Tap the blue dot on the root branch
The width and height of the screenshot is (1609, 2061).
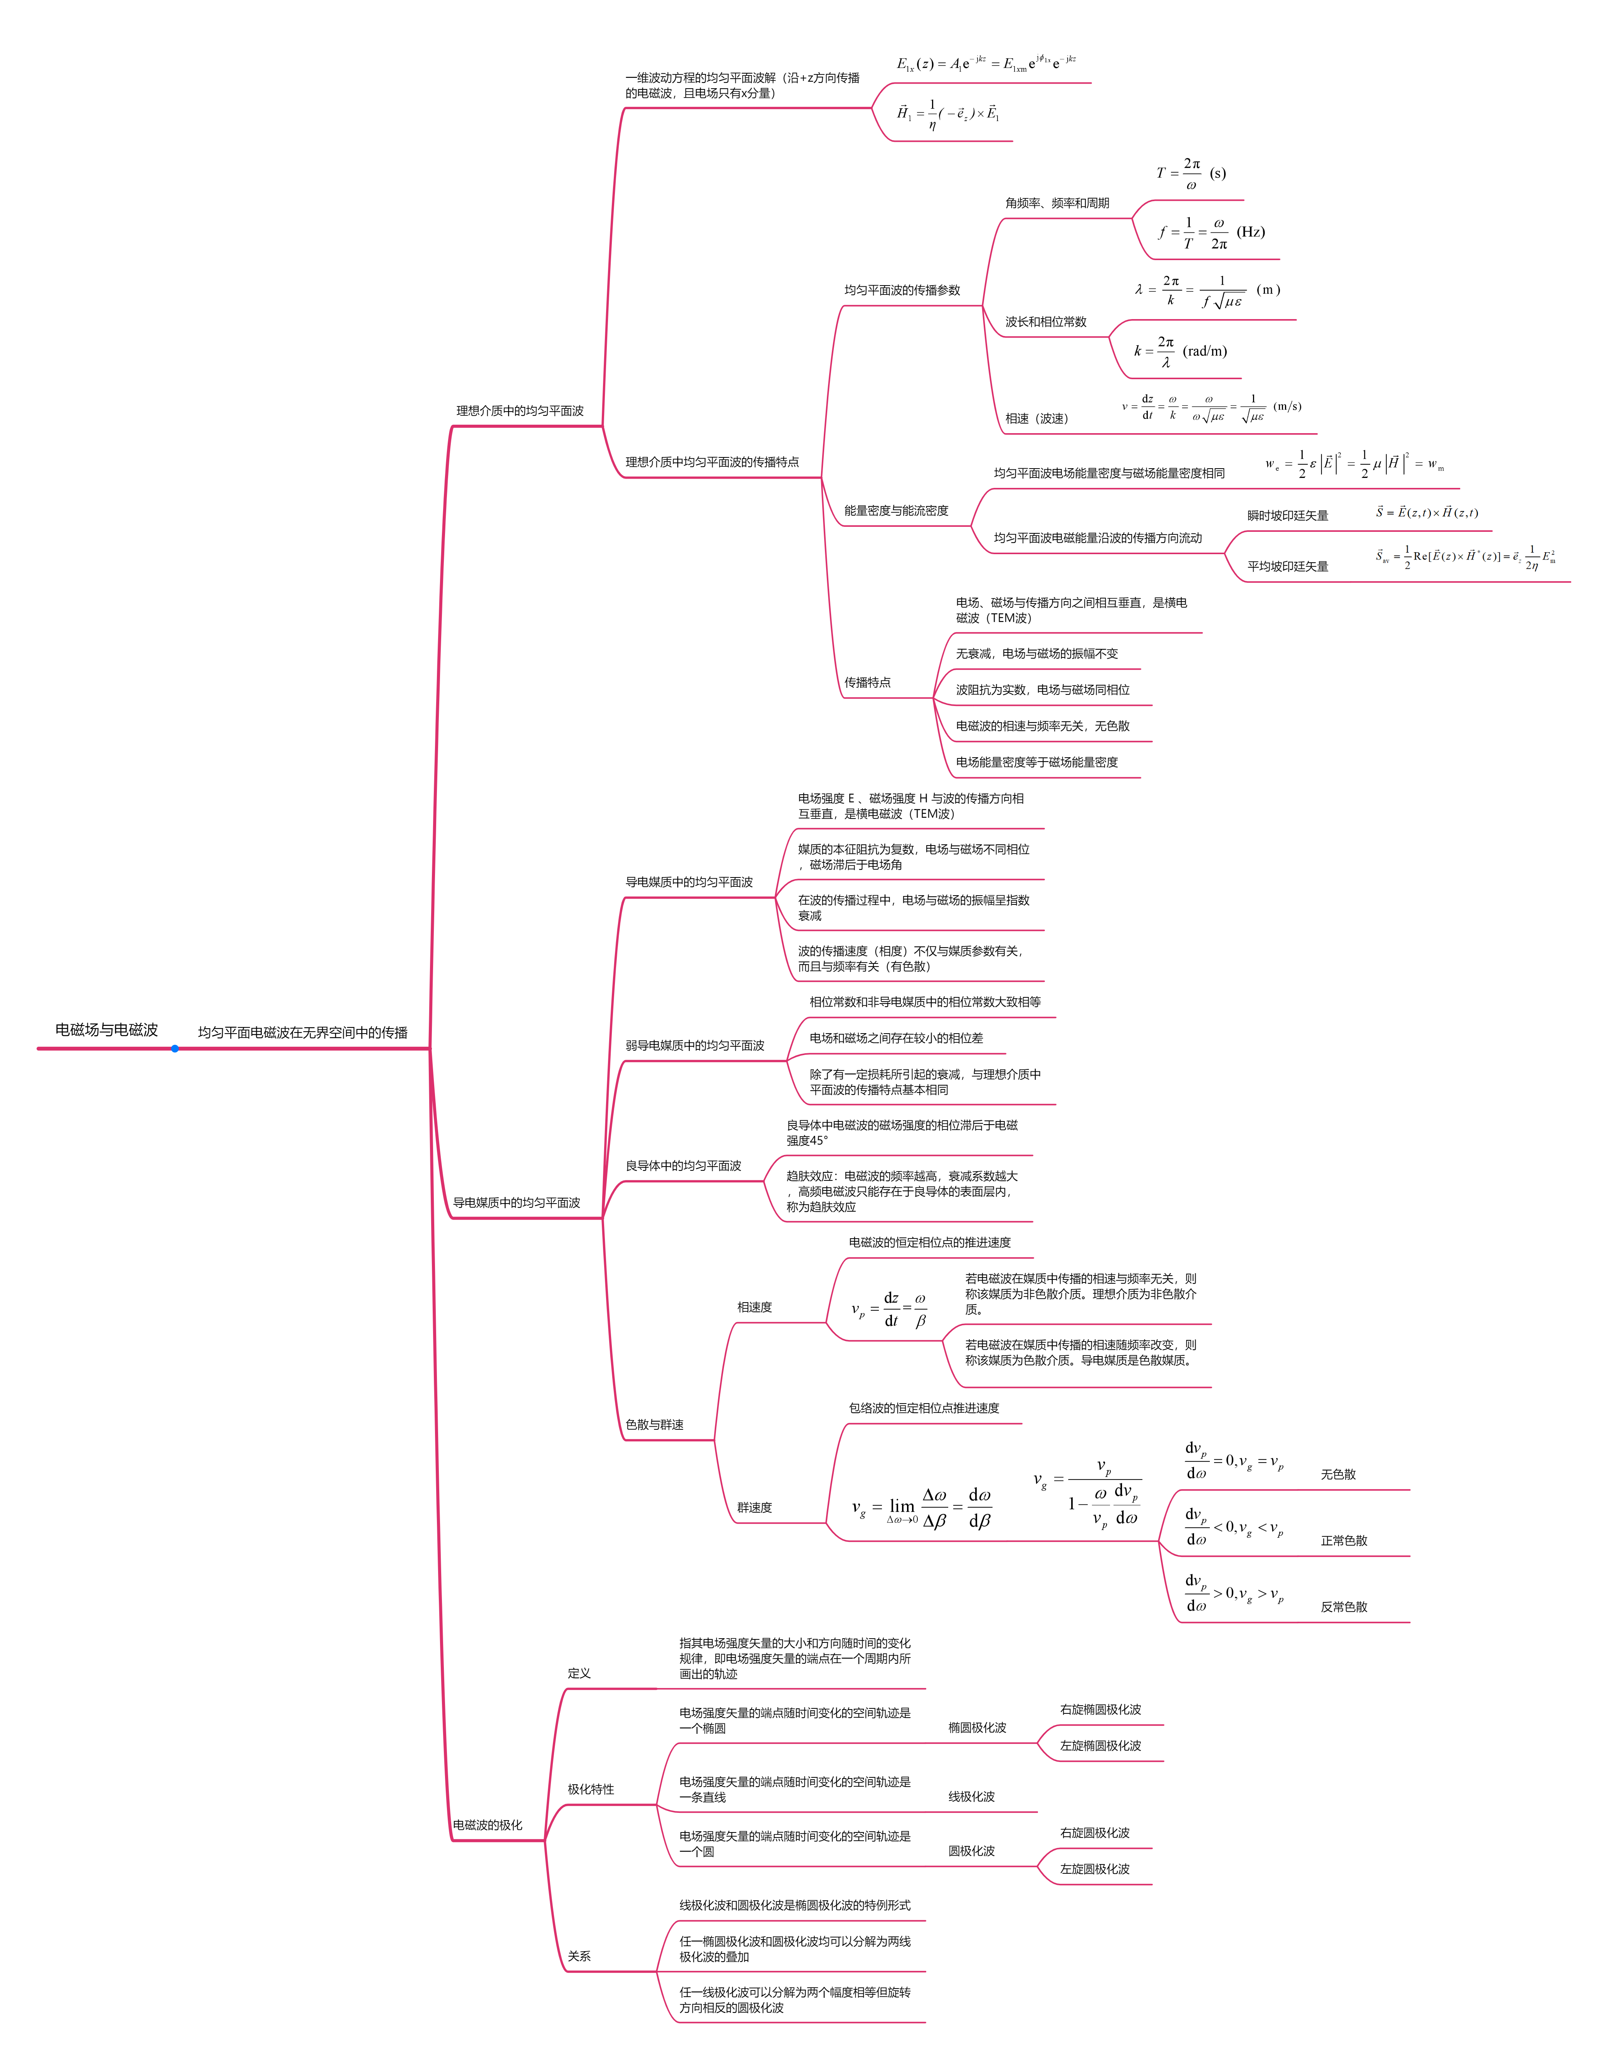pos(175,1049)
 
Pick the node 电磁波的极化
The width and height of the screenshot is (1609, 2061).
pos(487,1825)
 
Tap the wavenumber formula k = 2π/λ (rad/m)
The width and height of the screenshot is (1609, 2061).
pos(1180,351)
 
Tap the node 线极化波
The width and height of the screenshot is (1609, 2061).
pos(971,1797)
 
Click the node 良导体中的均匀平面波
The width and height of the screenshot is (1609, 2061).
pos(683,1165)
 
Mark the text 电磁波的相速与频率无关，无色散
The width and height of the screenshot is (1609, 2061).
pos(1042,726)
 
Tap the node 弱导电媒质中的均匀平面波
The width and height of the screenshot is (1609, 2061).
pos(695,1046)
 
